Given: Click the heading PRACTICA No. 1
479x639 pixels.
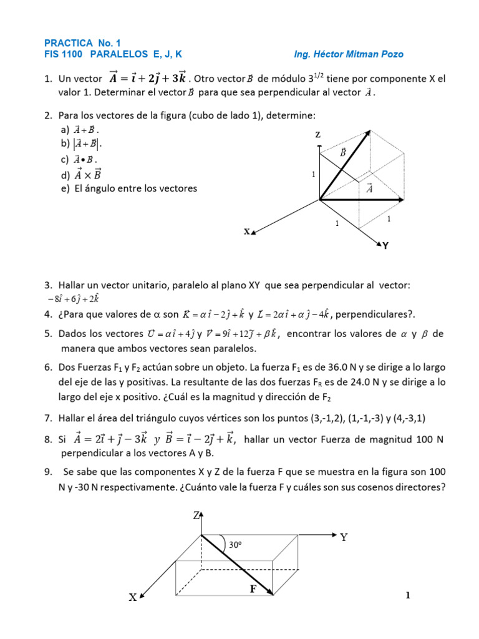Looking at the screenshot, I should point(81,43).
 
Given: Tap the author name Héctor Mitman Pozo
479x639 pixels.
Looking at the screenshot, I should point(360,54).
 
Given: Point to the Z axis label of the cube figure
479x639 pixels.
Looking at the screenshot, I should point(318,135).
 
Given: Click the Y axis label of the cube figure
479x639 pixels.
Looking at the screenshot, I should point(385,246).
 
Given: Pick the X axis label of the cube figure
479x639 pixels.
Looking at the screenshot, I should point(247,232).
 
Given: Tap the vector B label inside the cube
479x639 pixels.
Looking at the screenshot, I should point(343,152).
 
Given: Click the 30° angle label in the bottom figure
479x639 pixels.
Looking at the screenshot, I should point(235,545).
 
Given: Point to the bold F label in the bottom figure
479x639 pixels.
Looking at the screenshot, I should point(253,588).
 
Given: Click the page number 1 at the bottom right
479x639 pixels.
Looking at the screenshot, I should point(407,596).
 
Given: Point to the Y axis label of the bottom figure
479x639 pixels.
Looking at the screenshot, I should point(344,537).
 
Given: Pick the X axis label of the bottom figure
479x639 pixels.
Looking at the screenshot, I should point(132,597).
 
